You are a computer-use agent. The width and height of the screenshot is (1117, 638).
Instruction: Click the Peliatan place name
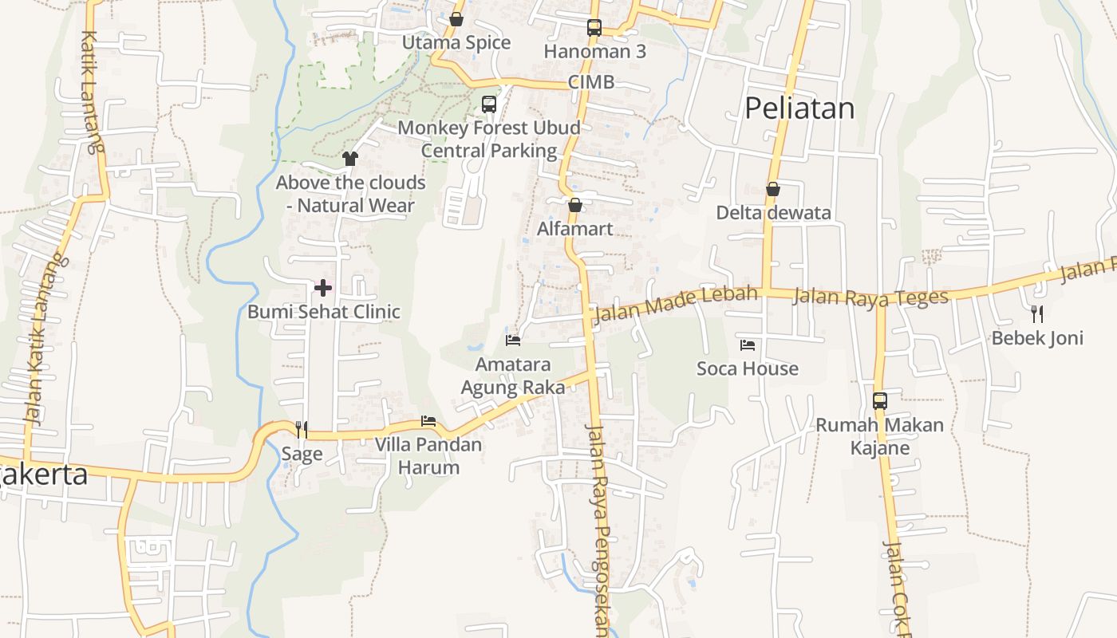click(x=799, y=108)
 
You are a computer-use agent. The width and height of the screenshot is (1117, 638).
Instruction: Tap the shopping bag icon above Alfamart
click(x=574, y=205)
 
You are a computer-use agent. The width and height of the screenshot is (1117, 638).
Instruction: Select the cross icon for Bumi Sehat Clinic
click(x=323, y=288)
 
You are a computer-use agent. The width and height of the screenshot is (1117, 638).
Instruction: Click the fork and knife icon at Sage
click(x=302, y=430)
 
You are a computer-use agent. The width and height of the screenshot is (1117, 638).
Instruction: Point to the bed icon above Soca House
click(x=748, y=345)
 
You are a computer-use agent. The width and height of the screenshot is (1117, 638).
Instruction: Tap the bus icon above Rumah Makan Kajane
click(x=880, y=401)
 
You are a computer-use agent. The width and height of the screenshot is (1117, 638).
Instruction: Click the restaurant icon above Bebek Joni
click(x=1037, y=313)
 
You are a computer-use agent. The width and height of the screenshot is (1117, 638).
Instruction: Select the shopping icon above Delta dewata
click(x=772, y=189)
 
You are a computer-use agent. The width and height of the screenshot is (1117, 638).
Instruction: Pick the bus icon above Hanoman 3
click(x=594, y=28)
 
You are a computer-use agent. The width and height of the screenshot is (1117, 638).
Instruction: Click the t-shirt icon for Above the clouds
click(x=349, y=159)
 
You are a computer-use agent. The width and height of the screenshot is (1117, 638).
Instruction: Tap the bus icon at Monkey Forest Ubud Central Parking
click(x=489, y=104)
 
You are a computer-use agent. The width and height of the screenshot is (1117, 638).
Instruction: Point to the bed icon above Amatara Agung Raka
click(x=513, y=341)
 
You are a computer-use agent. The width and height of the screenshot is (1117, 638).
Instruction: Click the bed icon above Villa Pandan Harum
click(x=428, y=421)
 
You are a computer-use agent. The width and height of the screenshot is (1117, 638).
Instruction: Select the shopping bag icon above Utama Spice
click(x=456, y=19)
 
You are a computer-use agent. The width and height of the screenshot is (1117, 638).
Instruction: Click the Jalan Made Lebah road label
click(x=675, y=304)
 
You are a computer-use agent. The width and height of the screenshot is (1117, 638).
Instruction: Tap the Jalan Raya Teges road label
click(x=870, y=297)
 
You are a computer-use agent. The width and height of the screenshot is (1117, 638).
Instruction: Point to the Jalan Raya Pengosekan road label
click(x=599, y=526)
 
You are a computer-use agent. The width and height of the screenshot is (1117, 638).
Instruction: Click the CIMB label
click(x=591, y=82)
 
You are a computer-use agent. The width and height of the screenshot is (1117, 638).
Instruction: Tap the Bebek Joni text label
click(x=1037, y=338)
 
